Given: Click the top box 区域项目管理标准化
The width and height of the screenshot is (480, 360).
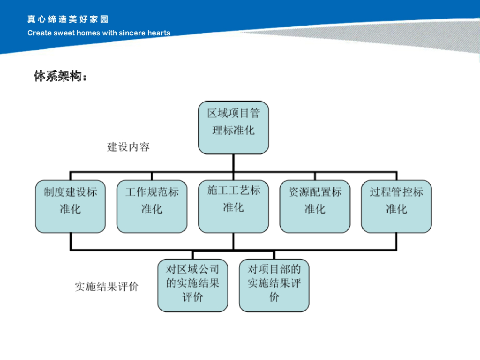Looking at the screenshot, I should click(233, 127).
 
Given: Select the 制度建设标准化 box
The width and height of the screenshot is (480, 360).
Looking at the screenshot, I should click(70, 206).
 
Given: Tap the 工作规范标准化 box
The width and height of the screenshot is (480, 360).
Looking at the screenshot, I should click(152, 206).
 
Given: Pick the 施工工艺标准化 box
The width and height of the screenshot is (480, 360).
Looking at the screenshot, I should click(233, 206).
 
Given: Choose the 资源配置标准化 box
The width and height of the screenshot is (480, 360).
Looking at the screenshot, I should click(315, 206).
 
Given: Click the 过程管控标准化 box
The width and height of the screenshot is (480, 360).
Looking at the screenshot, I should click(397, 206).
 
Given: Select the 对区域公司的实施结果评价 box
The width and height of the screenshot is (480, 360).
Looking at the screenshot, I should click(193, 285).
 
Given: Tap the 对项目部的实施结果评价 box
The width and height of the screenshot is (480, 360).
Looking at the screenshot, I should click(274, 285).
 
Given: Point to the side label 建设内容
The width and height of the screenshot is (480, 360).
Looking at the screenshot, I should click(128, 147).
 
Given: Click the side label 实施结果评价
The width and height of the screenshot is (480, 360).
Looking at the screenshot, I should click(107, 286).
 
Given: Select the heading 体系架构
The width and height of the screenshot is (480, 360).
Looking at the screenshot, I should click(60, 76).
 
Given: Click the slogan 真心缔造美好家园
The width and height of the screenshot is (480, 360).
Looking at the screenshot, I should click(67, 20).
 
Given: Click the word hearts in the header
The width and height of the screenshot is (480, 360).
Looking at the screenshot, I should click(159, 33).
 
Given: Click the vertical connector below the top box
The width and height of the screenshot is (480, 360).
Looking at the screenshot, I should click(233, 162).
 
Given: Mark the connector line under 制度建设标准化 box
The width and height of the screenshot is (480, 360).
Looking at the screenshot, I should click(70, 241).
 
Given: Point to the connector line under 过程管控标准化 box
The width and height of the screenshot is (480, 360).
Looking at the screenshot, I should click(397, 241).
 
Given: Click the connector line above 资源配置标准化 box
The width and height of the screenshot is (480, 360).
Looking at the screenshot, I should click(315, 175).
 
